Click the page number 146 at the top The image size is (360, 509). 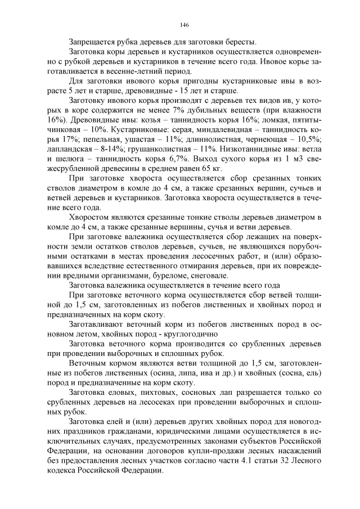[x=184, y=25]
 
